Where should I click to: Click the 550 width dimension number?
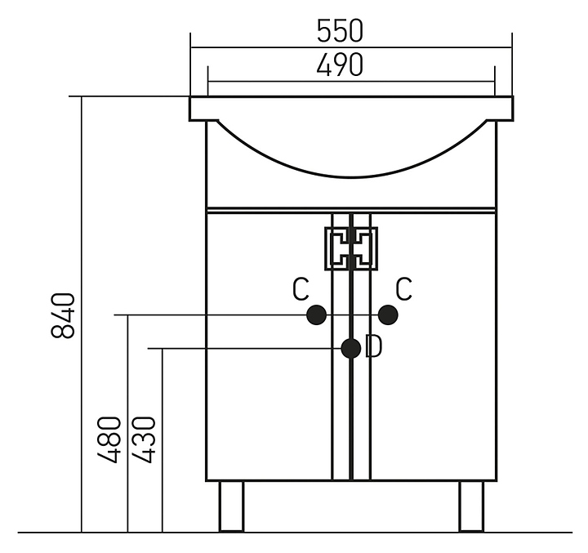point(340,31)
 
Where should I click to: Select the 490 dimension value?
point(340,65)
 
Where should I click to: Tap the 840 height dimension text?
point(64,314)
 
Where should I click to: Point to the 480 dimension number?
point(109,439)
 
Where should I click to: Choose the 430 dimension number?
point(144,439)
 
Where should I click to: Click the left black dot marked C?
point(316,314)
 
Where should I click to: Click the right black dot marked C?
point(387,314)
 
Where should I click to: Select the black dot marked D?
point(351,349)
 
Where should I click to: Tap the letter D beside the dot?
point(373,347)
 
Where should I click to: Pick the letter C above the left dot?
point(301,288)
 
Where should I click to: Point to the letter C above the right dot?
point(403,288)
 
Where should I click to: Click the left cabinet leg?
point(232,506)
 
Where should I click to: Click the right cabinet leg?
point(471,506)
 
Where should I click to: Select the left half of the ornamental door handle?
point(337,248)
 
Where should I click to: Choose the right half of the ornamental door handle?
point(365,248)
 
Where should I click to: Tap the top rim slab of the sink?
point(351,108)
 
